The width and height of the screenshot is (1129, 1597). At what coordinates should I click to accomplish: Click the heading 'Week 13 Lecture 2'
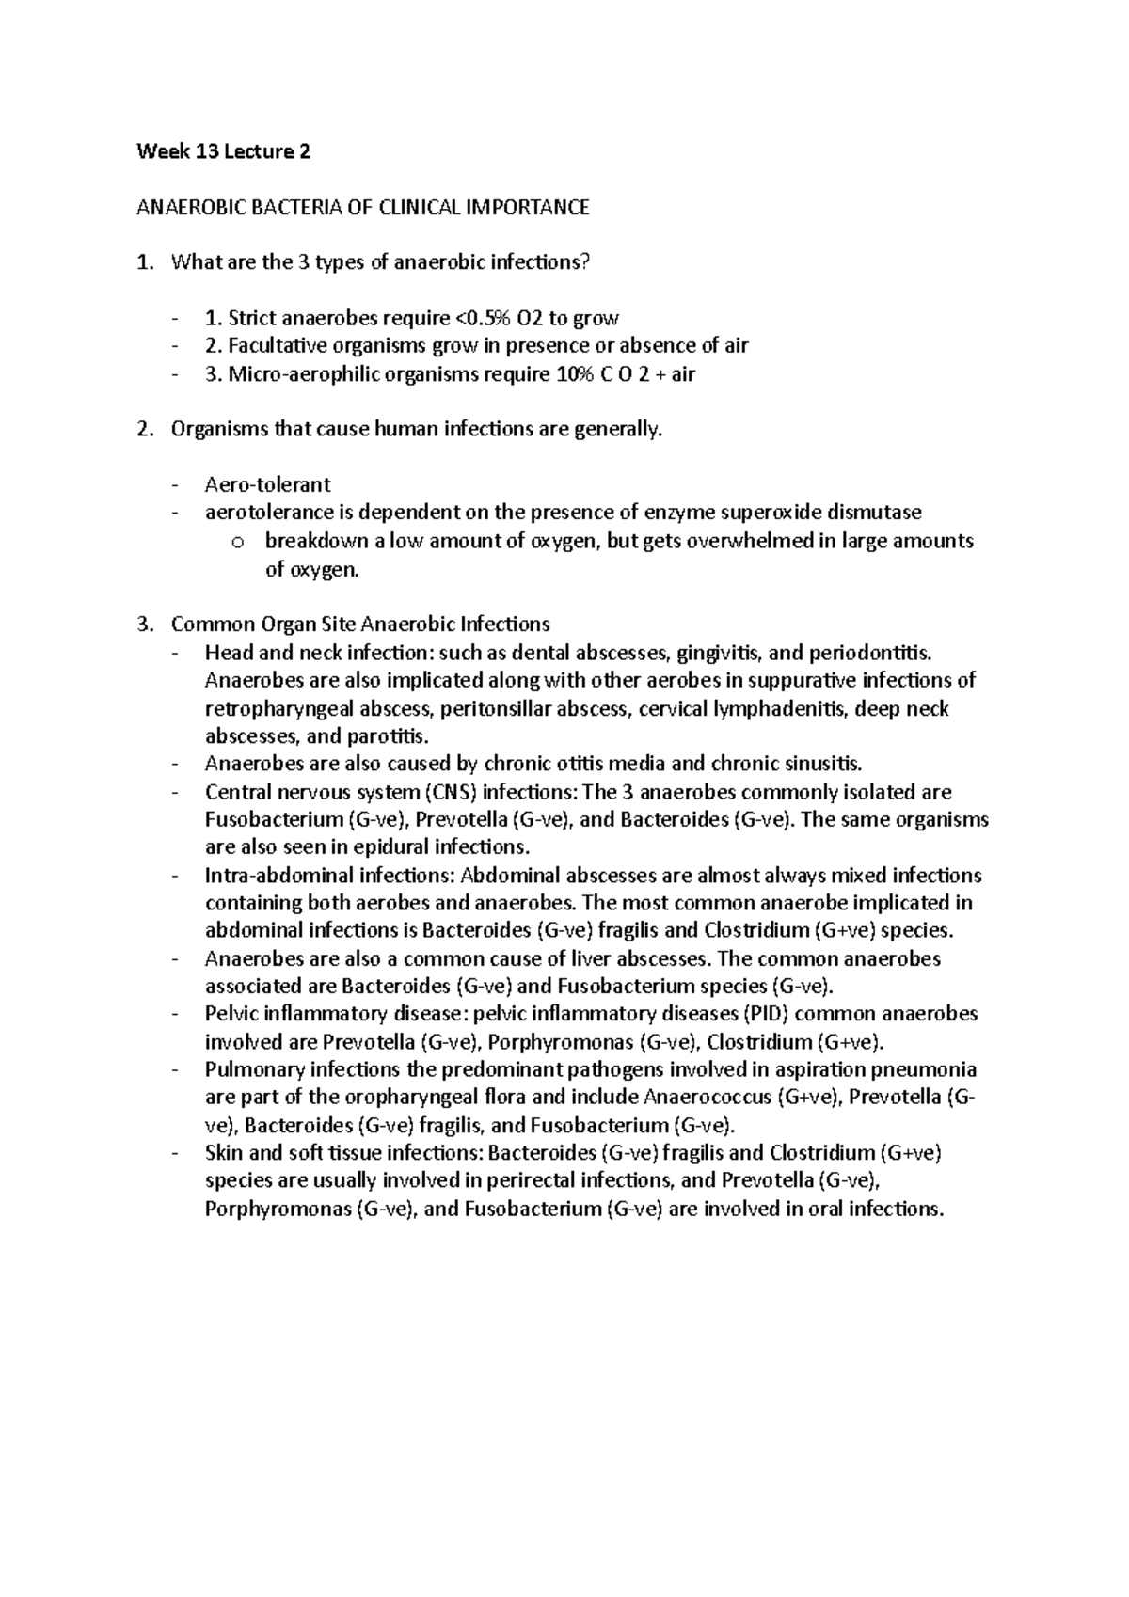point(223,151)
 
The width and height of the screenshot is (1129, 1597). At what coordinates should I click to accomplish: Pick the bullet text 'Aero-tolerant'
point(267,484)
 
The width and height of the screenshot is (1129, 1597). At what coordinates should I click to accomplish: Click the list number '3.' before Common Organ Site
point(143,624)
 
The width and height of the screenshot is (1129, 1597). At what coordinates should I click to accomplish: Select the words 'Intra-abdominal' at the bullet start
point(270,875)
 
